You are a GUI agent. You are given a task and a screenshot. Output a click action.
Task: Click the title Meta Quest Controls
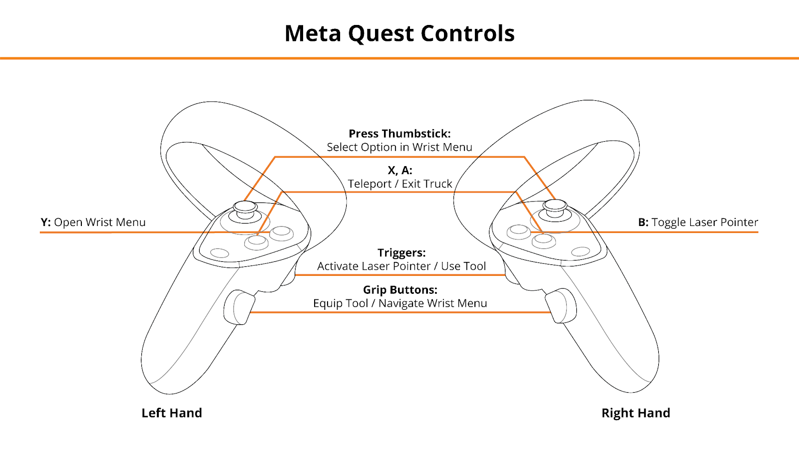(x=399, y=33)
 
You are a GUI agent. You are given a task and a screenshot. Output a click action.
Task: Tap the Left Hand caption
(x=172, y=413)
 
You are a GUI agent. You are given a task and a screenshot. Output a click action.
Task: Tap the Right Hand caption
(x=636, y=413)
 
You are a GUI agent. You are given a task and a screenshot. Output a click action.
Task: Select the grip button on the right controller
(x=561, y=306)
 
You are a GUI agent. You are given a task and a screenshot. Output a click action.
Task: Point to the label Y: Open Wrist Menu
(x=93, y=222)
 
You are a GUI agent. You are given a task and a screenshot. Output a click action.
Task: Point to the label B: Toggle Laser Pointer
(x=698, y=222)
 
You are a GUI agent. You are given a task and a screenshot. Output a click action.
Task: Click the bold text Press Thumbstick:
(x=399, y=134)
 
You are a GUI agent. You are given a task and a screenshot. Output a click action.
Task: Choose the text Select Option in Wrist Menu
(x=399, y=147)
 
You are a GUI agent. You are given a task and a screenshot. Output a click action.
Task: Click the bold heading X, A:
(x=400, y=170)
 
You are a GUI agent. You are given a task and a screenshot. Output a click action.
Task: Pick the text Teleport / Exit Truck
(x=400, y=184)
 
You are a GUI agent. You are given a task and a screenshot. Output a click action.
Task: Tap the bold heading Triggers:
(x=401, y=252)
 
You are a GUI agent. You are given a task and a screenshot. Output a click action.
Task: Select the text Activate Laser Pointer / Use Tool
(x=401, y=266)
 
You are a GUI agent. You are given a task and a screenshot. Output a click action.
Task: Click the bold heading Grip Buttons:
(x=400, y=290)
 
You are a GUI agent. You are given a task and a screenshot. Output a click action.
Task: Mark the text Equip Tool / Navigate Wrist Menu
(x=400, y=303)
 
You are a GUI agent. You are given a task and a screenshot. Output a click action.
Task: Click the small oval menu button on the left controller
(x=220, y=253)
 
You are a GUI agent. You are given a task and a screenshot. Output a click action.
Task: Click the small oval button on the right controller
(x=580, y=251)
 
